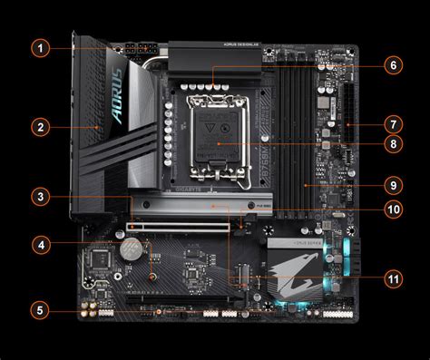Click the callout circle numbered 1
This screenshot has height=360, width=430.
click(x=39, y=46)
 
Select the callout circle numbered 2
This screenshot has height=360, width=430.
click(x=39, y=126)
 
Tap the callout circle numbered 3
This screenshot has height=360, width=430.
click(x=39, y=196)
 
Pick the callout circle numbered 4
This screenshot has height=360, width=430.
click(x=39, y=244)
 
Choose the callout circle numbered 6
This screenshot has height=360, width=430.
click(x=392, y=65)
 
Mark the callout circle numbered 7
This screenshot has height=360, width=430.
click(x=392, y=124)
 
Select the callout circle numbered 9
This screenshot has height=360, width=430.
click(x=392, y=185)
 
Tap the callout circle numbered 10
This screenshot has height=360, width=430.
click(x=392, y=209)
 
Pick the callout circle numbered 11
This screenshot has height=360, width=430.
click(x=392, y=277)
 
